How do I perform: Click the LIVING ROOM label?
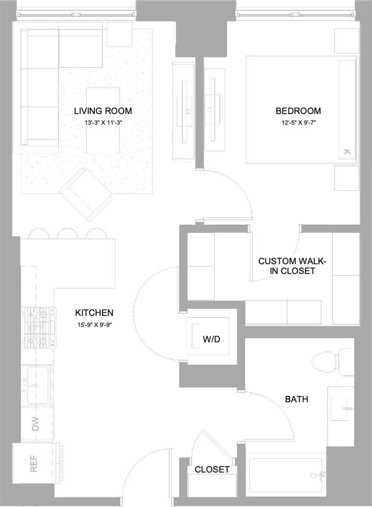click(103, 111)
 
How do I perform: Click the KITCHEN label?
click(94, 313)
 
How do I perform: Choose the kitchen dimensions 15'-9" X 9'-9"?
click(94, 325)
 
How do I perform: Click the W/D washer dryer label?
click(211, 339)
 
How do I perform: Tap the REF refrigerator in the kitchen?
click(34, 465)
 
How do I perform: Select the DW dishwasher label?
click(36, 424)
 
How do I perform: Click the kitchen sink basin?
click(37, 385)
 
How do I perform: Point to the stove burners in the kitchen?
click(38, 327)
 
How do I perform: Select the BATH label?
click(297, 398)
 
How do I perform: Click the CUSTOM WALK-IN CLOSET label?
click(293, 265)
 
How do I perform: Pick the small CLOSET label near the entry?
click(212, 469)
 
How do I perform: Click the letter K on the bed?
click(346, 152)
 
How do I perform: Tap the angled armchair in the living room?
click(86, 194)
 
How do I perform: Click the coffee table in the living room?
click(103, 120)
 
